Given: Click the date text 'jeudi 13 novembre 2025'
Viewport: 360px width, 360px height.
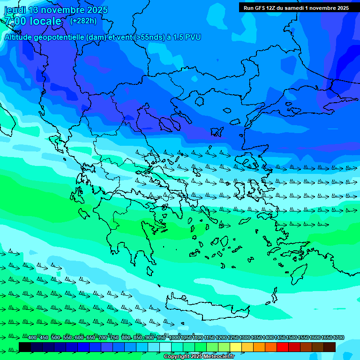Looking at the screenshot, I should (56, 10).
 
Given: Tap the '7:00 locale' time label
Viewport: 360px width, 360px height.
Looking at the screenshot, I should (33, 21).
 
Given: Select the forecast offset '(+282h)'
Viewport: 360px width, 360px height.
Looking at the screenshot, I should (83, 21).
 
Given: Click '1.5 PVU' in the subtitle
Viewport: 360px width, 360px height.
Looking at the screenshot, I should (187, 37).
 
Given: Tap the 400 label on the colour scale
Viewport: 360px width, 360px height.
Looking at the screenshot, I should (32, 338).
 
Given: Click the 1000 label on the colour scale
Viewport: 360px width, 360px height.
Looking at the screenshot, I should (174, 338).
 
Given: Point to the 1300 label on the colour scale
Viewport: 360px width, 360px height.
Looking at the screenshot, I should (245, 338).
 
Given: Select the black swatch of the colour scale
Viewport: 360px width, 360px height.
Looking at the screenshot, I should (25, 347).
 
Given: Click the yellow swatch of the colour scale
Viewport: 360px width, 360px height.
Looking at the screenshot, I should (236, 347).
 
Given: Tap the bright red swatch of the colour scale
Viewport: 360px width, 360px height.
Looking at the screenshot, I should (283, 347).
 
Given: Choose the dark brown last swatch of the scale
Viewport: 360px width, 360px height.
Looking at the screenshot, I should (330, 347).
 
